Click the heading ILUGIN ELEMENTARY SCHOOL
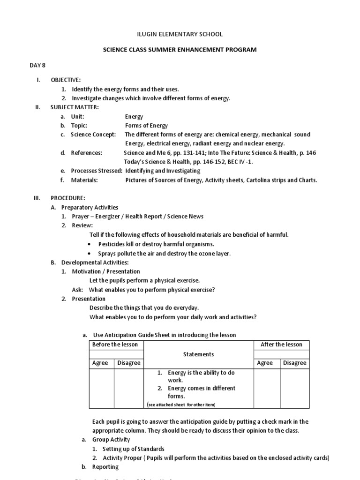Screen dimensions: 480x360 (180, 34)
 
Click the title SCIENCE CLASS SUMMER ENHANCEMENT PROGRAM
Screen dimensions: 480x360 (180, 50)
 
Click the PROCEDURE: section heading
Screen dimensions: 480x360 (68, 198)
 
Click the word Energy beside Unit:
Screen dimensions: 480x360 (134, 116)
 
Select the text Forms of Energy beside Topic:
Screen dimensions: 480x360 (146, 126)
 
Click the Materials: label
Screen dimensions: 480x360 (84, 180)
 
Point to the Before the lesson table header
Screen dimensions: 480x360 (115, 345)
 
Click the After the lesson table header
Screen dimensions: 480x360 (281, 345)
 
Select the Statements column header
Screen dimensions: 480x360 (198, 354)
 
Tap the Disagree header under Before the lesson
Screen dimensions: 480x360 (129, 363)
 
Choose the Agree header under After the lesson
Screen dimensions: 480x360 (265, 363)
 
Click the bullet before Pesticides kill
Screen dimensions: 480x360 (89, 244)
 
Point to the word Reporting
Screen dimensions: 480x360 (105, 467)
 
